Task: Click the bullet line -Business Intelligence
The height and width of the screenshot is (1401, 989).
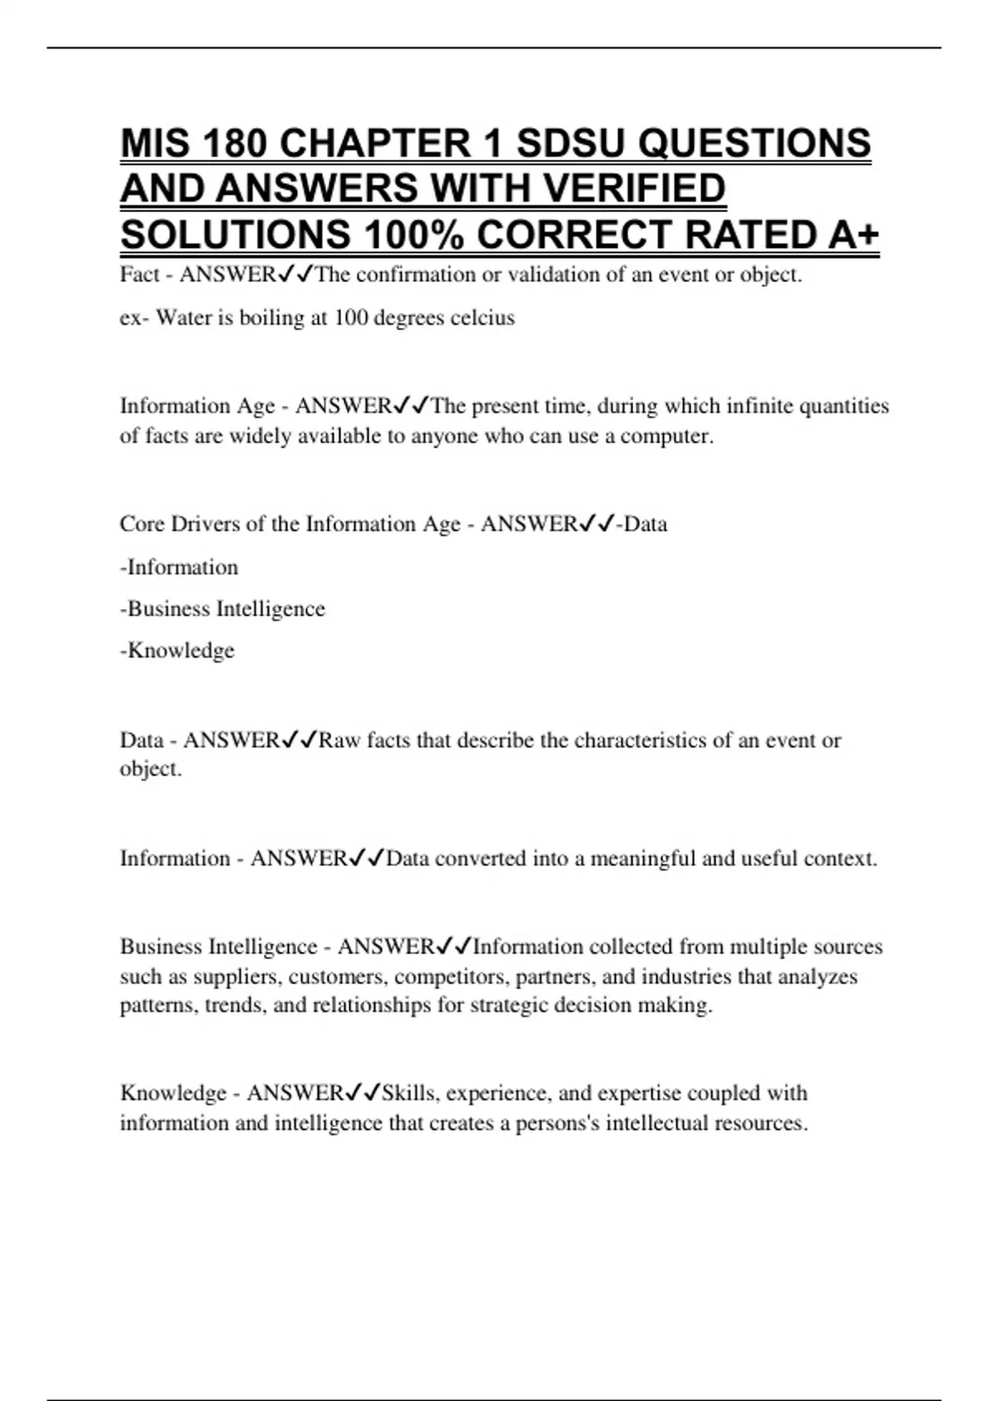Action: pos(223,609)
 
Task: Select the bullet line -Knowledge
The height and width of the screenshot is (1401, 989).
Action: pos(177,651)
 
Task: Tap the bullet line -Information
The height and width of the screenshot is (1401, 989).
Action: pos(179,568)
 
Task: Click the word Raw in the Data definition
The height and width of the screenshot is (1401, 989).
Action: pos(340,740)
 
